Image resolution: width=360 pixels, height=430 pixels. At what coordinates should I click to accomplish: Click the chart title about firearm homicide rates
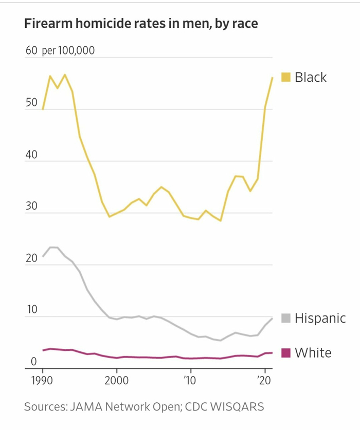pos(141,24)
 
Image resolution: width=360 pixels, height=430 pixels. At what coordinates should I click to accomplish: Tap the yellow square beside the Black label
pos(286,78)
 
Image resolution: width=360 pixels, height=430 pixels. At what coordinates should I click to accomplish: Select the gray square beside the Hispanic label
pos(286,319)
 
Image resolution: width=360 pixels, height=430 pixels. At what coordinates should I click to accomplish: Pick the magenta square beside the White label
pos(286,353)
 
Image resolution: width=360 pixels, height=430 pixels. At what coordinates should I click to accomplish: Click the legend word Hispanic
pos(320,319)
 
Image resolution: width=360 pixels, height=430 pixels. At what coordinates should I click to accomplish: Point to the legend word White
pos(313,353)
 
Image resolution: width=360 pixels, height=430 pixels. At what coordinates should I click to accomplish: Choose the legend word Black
pos(311,78)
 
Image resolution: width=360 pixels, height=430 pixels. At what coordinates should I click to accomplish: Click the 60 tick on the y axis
pos(31,51)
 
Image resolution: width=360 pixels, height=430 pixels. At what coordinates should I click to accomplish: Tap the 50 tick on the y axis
pos(31,103)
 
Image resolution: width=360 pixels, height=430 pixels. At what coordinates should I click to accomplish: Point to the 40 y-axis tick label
pos(31,155)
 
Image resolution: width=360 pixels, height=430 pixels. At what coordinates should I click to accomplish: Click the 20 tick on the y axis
pos(31,258)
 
